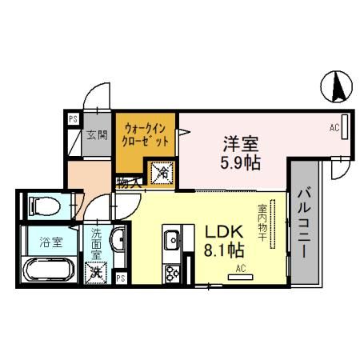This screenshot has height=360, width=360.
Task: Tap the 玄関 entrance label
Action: [x=98, y=134]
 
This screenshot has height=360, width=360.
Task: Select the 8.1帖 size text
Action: [x=224, y=250]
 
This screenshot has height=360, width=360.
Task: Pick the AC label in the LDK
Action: [x=239, y=270]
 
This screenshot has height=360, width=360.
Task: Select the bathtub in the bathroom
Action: [x=47, y=272]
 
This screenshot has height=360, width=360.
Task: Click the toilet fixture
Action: [x=43, y=206]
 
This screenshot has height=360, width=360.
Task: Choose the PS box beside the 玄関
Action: [x=72, y=119]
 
